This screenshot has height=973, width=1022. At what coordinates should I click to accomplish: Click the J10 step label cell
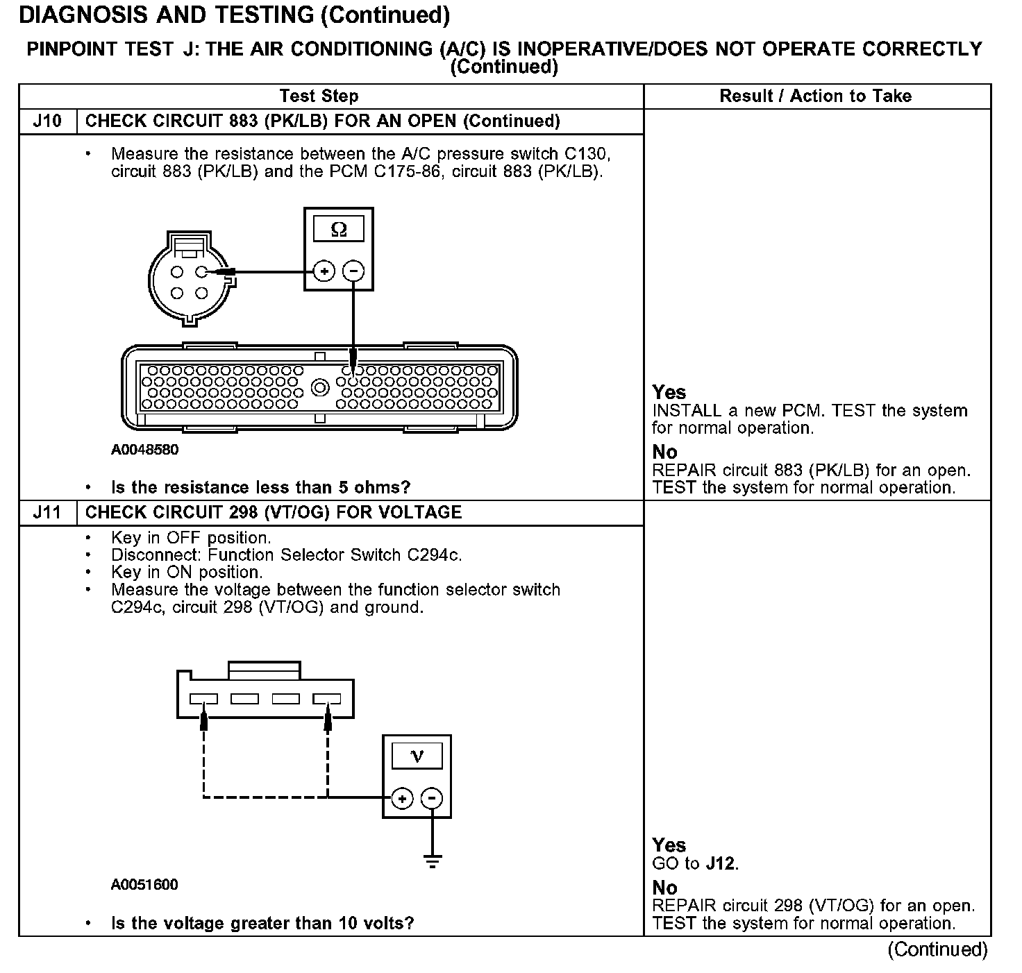tap(47, 121)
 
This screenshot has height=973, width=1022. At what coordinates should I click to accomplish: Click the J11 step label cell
tap(47, 513)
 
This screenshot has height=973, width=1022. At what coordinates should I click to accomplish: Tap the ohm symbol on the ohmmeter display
tap(339, 229)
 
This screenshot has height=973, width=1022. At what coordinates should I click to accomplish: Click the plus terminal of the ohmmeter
tap(324, 271)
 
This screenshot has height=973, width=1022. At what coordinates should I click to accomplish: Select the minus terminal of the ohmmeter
tap(353, 271)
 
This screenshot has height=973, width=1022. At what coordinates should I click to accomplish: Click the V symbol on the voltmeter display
tap(417, 756)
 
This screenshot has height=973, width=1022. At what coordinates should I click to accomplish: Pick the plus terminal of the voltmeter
tap(402, 799)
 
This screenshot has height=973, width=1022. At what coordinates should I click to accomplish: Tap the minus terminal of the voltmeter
tap(432, 799)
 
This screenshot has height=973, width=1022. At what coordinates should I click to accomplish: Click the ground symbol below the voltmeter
tap(432, 863)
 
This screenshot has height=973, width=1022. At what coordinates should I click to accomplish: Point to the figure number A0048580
tap(144, 450)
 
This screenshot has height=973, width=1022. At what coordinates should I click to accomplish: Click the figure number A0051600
tap(144, 885)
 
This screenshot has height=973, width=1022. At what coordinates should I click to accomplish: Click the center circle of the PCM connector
tap(320, 387)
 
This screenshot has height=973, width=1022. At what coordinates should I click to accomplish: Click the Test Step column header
tap(319, 96)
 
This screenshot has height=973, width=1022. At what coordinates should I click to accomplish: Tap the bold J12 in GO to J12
tap(721, 864)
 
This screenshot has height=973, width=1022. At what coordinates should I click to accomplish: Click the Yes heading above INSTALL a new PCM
tap(669, 393)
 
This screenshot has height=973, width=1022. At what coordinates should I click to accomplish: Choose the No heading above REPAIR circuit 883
tap(664, 452)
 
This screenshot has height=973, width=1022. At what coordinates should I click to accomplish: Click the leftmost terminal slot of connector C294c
tap(203, 699)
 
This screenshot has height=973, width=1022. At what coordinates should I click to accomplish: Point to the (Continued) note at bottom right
tap(937, 949)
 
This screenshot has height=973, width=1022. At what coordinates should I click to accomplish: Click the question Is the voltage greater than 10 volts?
tap(262, 924)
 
